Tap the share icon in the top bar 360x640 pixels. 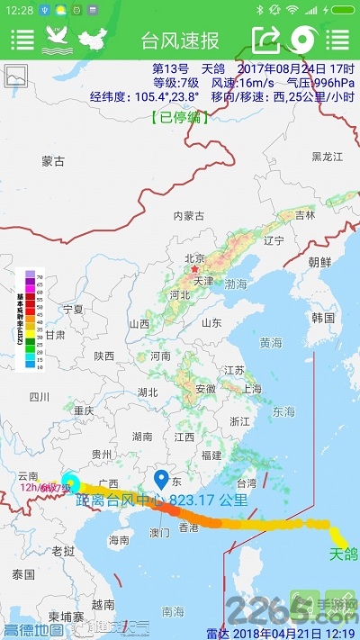(266, 40)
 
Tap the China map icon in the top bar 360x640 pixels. (91, 40)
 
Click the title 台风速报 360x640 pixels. (180, 41)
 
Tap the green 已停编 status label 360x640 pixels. (180, 116)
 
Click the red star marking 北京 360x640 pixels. (193, 268)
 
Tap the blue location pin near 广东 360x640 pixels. (162, 479)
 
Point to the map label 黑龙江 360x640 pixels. (328, 157)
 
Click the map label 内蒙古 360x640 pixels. (189, 215)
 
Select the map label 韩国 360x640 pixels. (323, 318)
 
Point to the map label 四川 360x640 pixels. (39, 396)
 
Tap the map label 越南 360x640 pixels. (103, 604)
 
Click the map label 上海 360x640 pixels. (252, 389)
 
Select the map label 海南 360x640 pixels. (119, 540)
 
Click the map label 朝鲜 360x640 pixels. (319, 262)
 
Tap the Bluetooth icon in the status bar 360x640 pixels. (259, 10)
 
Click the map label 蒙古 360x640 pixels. (53, 161)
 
